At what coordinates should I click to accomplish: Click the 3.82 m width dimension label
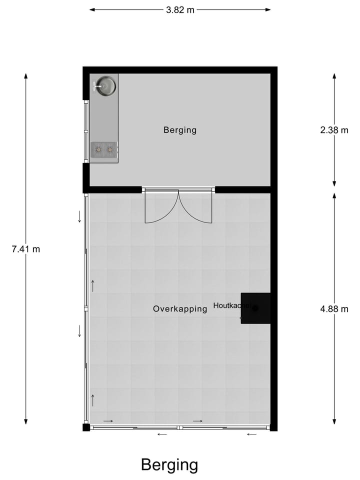(x=180, y=9)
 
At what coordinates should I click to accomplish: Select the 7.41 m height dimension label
(x=25, y=248)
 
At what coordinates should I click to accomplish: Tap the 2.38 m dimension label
(x=334, y=130)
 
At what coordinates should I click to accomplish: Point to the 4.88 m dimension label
(x=334, y=308)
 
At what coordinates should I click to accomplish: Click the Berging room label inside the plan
(x=180, y=130)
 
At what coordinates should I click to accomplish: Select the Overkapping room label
(x=180, y=309)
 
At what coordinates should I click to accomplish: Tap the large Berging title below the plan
(x=169, y=464)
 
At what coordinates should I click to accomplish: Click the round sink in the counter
(x=105, y=85)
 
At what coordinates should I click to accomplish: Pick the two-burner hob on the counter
(x=104, y=149)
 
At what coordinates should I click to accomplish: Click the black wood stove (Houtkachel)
(x=256, y=308)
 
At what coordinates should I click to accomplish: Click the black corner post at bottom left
(x=86, y=427)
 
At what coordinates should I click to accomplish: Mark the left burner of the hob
(x=98, y=149)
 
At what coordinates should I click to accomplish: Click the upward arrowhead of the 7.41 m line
(x=25, y=76)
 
